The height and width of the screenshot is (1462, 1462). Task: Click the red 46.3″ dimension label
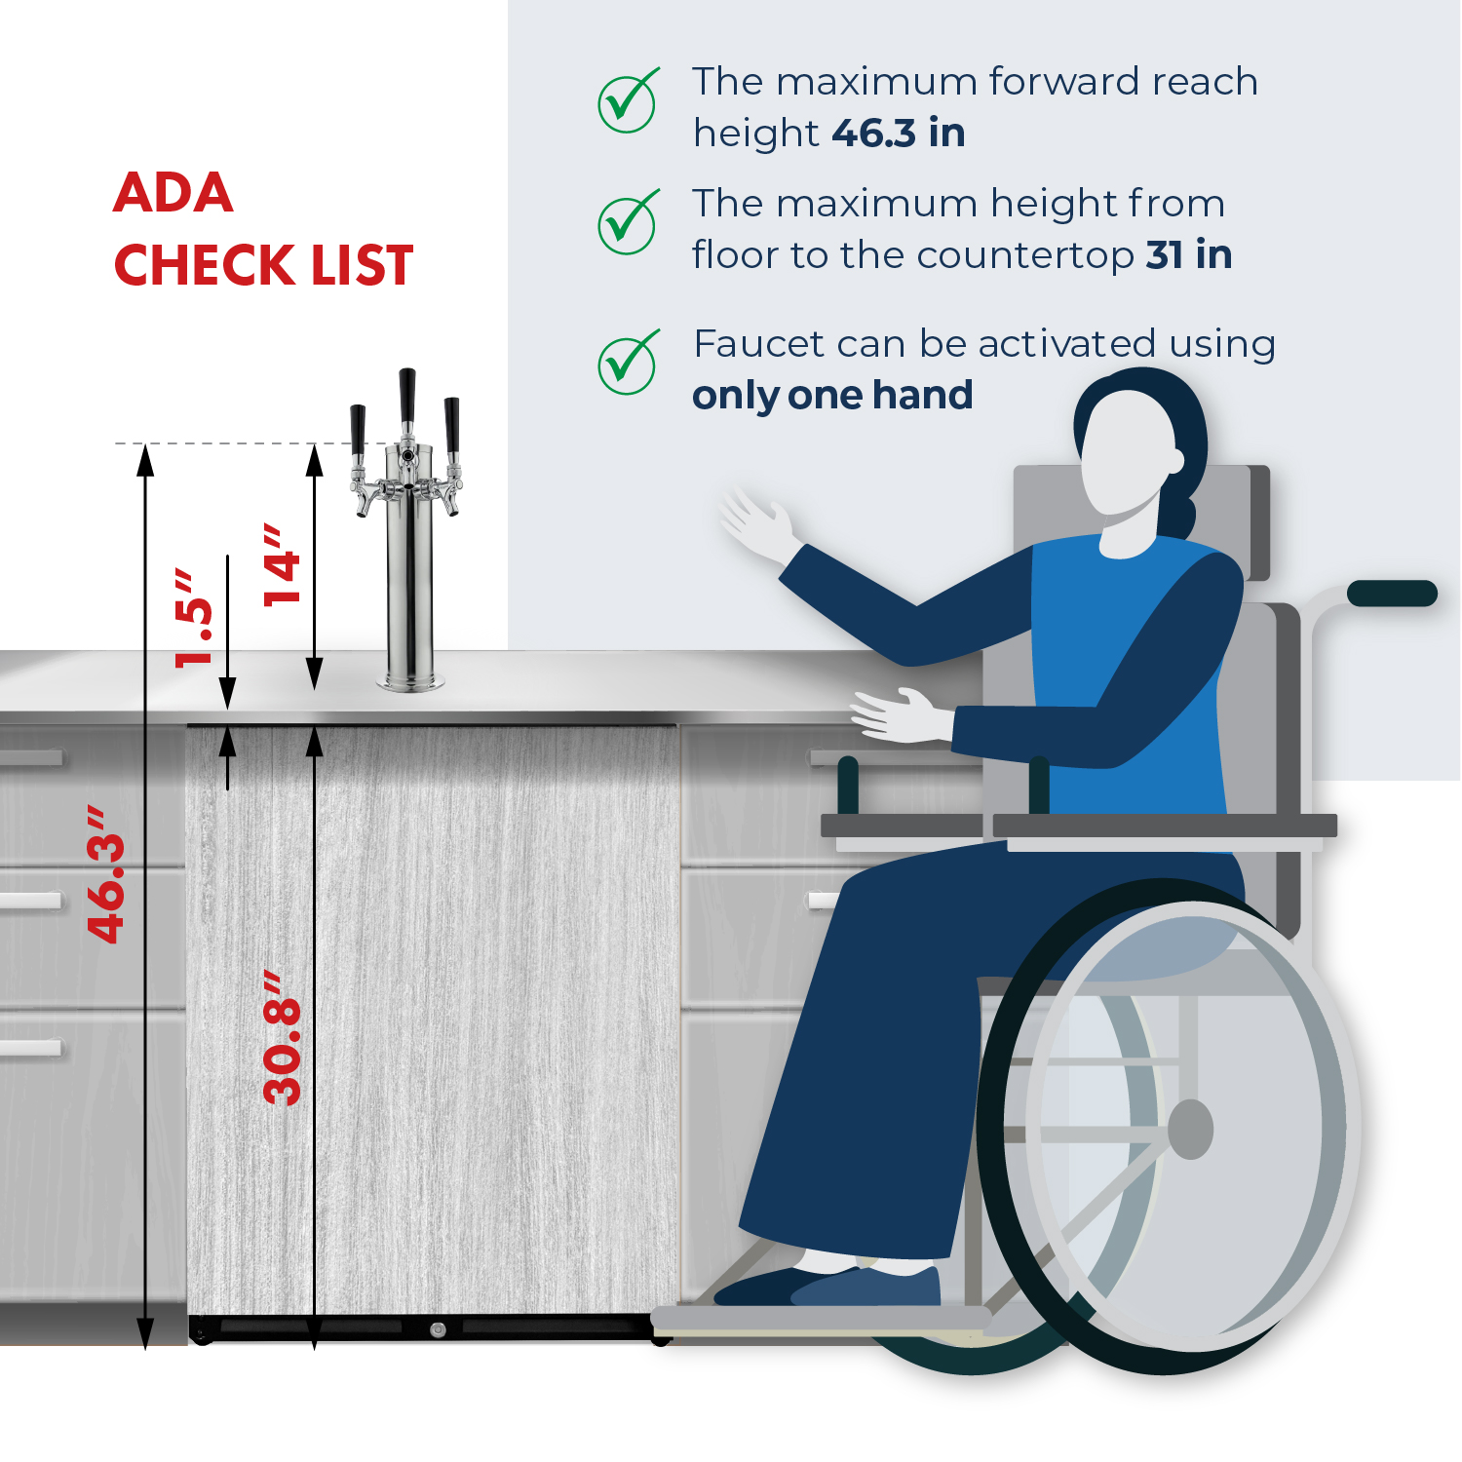point(106,875)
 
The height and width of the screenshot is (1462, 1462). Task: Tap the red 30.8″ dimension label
point(283,1038)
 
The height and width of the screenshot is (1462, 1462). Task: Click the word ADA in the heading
point(173,192)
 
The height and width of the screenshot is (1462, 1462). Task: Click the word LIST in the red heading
point(362,265)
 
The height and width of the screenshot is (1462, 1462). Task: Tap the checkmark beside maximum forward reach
point(628,100)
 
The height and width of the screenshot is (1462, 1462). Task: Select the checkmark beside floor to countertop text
point(628,222)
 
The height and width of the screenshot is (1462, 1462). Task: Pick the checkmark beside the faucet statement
point(628,363)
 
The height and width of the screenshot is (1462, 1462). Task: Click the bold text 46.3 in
point(899,133)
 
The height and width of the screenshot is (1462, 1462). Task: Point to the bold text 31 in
point(1189,254)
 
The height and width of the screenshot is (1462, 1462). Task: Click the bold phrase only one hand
point(832,396)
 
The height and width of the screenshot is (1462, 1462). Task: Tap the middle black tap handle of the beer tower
point(407,396)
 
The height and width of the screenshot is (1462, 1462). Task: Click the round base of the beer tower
point(410,682)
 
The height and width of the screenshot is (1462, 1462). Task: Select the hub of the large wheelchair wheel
point(1190,1130)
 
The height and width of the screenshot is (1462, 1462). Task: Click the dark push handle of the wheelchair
point(1392,593)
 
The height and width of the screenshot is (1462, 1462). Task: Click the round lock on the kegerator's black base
point(438,1329)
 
